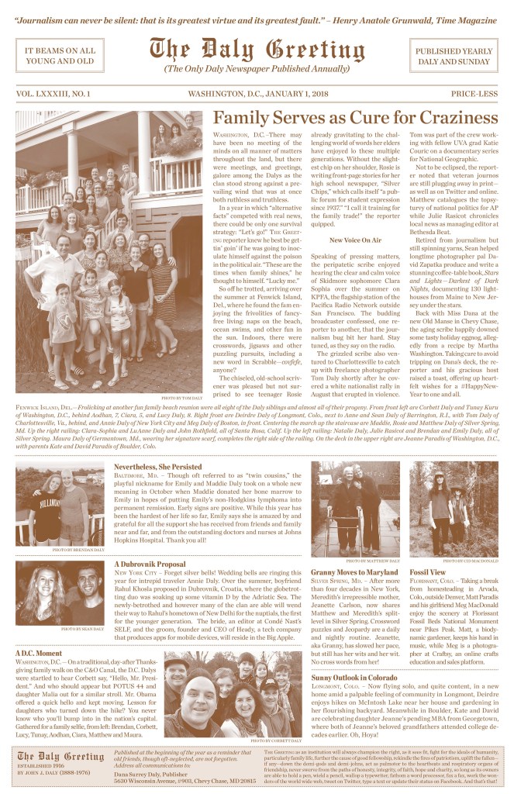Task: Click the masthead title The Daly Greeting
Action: (x=256, y=50)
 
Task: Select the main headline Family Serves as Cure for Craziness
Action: (x=355, y=118)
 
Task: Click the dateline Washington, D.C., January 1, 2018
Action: (x=256, y=94)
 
